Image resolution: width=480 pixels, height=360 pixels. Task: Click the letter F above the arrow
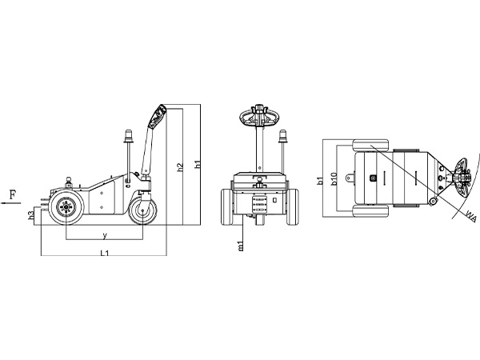click(13, 194)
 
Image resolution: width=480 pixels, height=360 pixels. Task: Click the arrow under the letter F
click(11, 202)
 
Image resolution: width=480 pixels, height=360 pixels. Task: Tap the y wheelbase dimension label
click(105, 235)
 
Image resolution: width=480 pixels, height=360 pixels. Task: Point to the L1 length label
click(105, 253)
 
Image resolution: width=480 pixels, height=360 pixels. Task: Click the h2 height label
click(180, 167)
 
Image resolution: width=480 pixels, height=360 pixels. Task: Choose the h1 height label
click(198, 164)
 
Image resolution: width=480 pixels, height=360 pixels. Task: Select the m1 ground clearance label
click(242, 246)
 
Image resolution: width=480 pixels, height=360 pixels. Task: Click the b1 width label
click(320, 181)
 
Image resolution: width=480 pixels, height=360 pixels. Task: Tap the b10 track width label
click(334, 179)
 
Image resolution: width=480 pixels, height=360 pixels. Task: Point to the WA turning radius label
click(471, 216)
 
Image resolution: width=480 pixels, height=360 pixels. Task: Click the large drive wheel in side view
click(66, 207)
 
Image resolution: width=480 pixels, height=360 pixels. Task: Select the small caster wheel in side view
click(142, 210)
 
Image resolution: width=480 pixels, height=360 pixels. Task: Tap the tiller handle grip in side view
click(157, 116)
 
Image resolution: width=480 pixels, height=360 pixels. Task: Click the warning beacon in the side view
click(129, 137)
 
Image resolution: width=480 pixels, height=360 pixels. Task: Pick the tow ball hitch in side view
click(69, 182)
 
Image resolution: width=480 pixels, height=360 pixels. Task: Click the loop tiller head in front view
click(259, 116)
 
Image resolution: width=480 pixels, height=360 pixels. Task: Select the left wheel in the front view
click(227, 207)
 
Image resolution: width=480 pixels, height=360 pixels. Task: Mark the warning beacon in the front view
click(283, 137)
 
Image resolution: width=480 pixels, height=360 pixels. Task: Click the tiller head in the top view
click(462, 178)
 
